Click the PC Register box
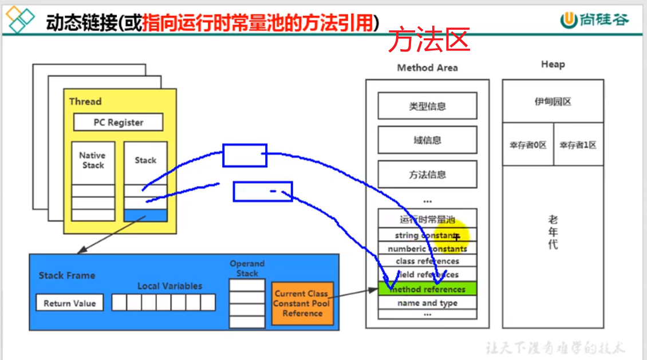pos(118,122)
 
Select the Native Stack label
pos(92,160)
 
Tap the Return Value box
pos(69,303)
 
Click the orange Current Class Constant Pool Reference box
pos(302,303)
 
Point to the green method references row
pos(427,289)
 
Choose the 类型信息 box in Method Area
pos(427,106)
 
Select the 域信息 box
pos(427,140)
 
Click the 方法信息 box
pos(427,175)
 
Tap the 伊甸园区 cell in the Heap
pos(553,102)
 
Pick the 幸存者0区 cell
pos(528,145)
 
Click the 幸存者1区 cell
pos(578,145)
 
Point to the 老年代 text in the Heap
pos(553,232)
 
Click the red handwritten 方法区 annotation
pos(429,41)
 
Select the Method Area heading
pos(427,68)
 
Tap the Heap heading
pos(553,64)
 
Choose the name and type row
pos(427,303)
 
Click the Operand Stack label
pos(247,268)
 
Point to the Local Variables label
pos(169,286)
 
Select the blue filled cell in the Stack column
pos(145,215)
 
